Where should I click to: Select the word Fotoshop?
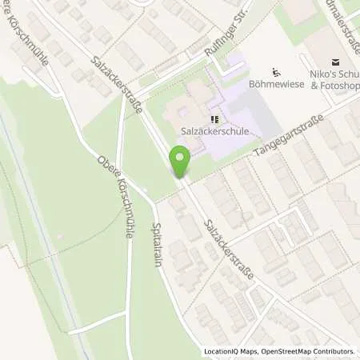345,86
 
